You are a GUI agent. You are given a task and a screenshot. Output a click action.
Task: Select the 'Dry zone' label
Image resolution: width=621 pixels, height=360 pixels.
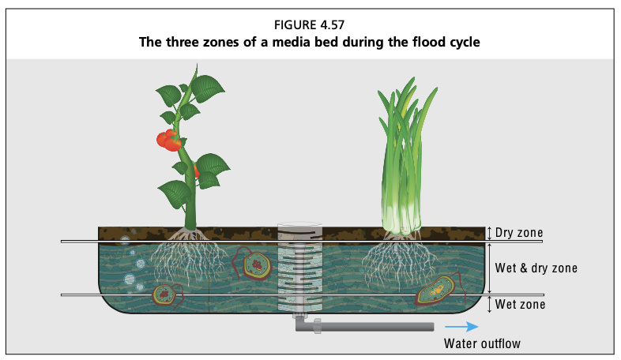point(519,233)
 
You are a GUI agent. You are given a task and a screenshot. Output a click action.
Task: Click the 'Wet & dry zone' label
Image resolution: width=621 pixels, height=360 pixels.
point(536,268)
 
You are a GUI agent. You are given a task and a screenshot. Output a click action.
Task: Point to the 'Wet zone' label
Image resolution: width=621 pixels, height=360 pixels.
point(520,305)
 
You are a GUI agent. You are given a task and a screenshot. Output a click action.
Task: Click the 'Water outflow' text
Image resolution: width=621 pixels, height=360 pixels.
point(482,343)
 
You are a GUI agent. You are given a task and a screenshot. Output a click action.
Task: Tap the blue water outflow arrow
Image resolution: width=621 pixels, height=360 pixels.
point(461,326)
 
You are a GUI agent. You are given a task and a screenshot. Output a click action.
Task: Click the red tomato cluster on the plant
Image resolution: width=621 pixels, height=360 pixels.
point(169,140)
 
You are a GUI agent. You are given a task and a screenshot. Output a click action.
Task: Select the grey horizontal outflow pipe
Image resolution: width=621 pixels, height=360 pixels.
point(376,327)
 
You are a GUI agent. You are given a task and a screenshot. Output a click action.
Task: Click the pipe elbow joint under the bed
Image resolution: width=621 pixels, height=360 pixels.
point(305,324)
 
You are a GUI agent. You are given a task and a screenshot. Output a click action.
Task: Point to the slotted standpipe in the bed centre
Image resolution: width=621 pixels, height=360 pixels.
point(299,269)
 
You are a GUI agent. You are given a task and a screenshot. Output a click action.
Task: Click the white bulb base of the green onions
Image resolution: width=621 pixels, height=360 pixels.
point(401,219)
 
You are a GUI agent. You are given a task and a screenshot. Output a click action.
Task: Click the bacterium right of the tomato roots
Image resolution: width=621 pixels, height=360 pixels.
point(255,264)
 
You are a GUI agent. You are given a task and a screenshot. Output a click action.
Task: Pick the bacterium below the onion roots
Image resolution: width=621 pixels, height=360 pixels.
point(438,291)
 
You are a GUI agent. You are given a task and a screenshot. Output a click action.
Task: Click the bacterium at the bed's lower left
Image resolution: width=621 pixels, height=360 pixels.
point(167,294)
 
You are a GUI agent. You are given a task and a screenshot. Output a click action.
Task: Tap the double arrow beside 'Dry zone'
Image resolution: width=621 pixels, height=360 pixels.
point(490,233)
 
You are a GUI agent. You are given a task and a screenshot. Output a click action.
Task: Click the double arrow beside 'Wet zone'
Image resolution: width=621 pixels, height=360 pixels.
point(490,304)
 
